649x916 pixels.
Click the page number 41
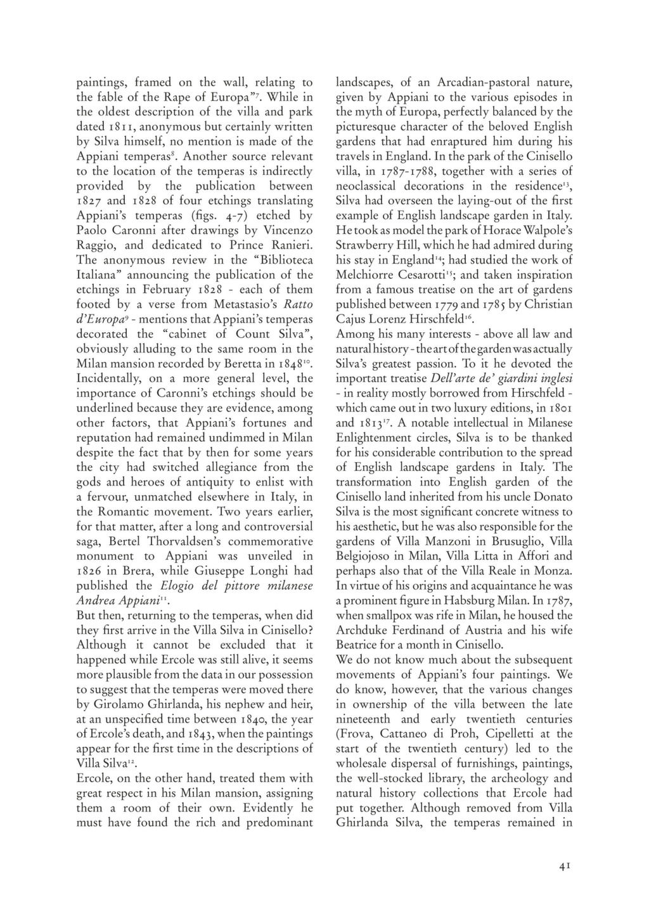565,866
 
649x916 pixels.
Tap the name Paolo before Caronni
94,230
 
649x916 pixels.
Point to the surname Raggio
97,245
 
